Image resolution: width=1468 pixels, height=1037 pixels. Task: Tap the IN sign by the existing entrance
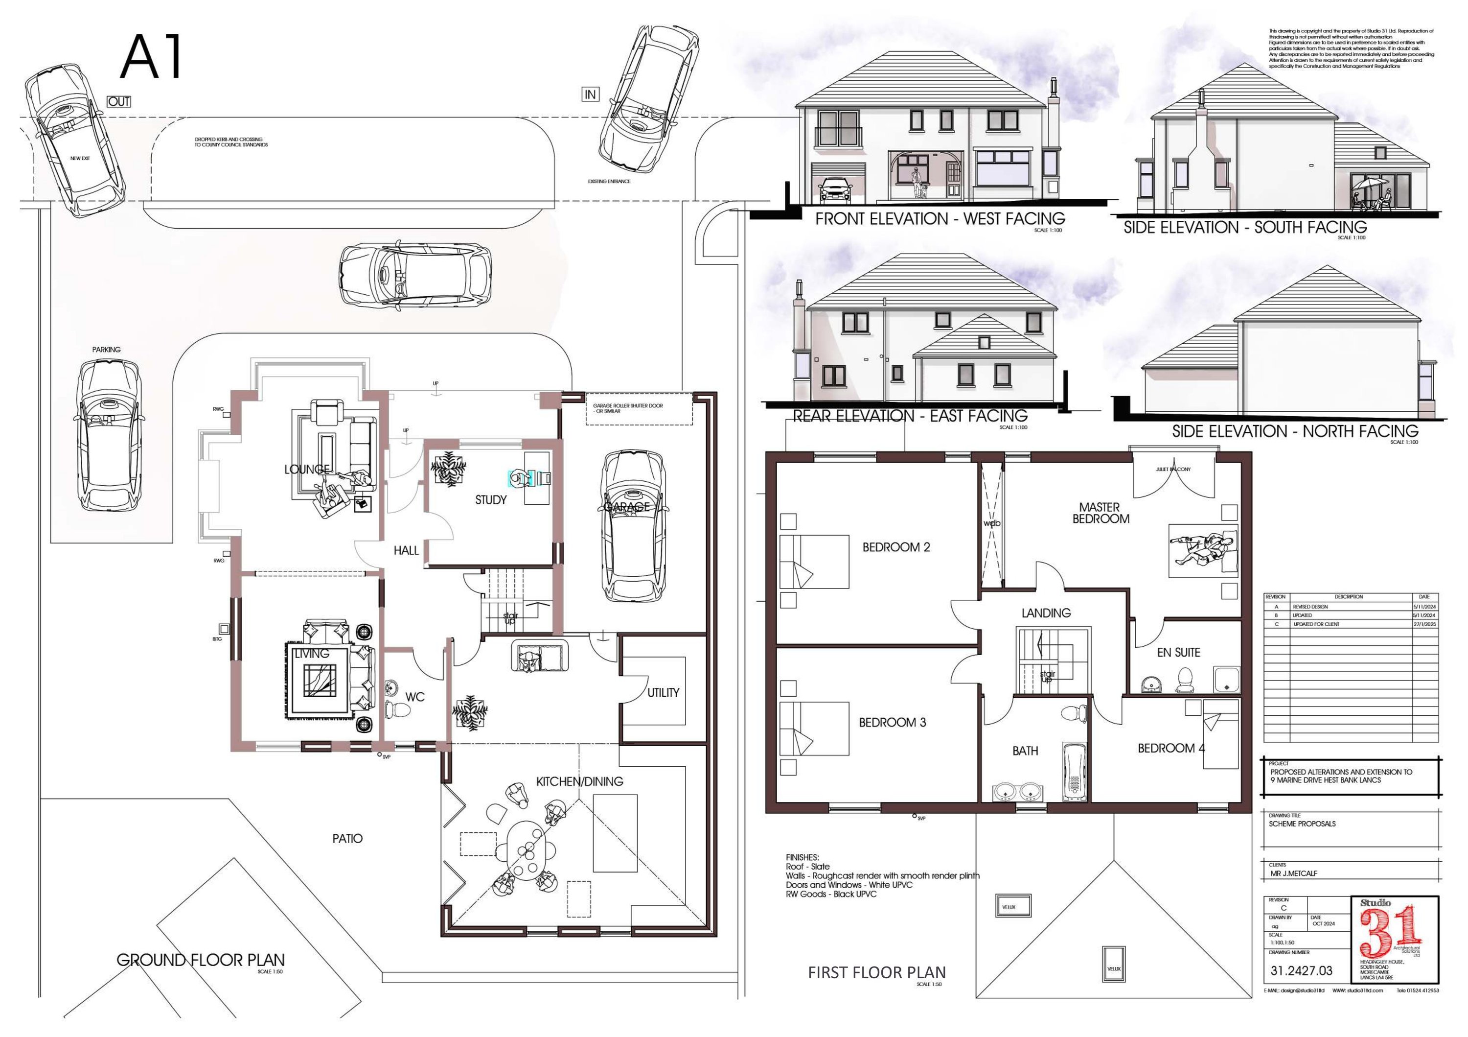click(590, 94)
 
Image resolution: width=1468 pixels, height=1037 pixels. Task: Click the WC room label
click(414, 697)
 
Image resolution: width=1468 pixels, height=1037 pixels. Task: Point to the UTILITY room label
click(663, 693)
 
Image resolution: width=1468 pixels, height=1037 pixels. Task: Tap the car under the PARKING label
click(108, 435)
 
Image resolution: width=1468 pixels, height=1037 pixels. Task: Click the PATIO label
click(347, 839)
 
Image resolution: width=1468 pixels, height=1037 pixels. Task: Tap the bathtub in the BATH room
click(1074, 772)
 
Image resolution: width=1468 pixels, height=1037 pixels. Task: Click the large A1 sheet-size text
click(152, 58)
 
